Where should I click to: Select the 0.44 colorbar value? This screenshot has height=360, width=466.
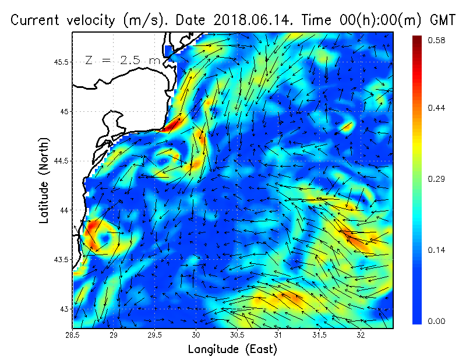[436, 108]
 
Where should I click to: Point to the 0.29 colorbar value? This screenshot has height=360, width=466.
[436, 179]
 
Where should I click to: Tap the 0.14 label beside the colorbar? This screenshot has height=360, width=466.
[436, 250]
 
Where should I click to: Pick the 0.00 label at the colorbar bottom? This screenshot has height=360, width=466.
[436, 321]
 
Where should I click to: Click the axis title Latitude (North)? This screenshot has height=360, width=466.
[44, 181]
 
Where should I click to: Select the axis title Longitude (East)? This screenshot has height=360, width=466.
[232, 350]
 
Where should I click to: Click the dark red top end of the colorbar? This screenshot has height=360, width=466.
[417, 40]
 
